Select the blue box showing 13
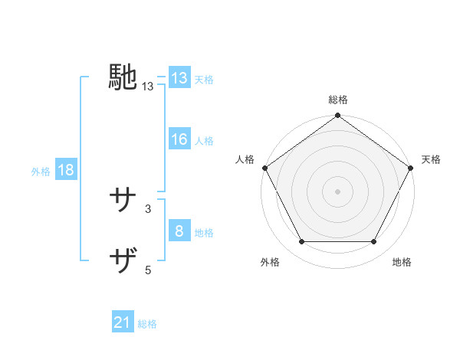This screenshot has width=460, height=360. (179, 78)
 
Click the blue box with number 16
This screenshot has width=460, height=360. (179, 139)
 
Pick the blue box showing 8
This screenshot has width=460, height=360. (179, 231)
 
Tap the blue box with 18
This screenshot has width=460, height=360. (65, 170)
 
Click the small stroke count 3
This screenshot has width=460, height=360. (147, 208)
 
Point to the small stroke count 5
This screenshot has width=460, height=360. (147, 269)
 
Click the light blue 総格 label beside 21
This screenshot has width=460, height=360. (147, 324)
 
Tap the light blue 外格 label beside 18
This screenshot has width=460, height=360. (41, 172)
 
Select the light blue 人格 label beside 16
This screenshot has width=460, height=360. (204, 141)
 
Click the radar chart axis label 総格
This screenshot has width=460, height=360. (338, 100)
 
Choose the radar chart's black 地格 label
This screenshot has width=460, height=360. (402, 263)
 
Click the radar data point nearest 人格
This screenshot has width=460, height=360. (264, 167)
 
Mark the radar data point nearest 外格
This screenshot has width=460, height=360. (301, 242)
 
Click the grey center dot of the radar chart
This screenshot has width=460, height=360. (338, 191)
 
